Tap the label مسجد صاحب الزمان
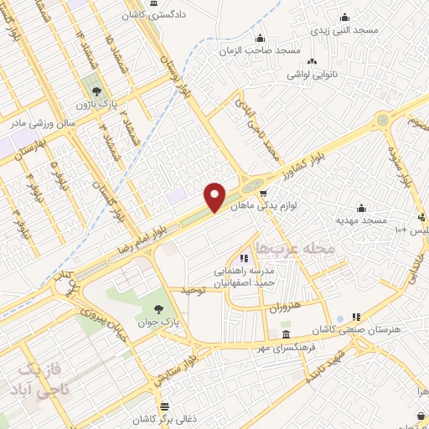[266, 50]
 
